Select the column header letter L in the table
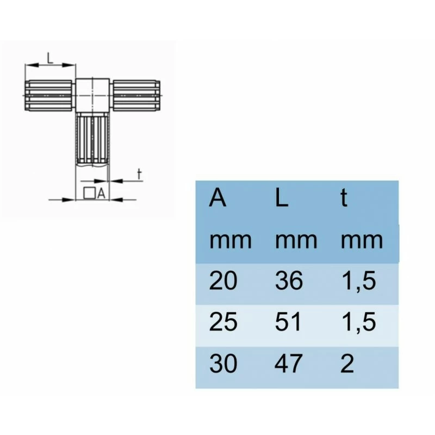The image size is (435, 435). point(281,198)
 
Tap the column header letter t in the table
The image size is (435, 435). point(344,198)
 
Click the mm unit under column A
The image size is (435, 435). point(230,240)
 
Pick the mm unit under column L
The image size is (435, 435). point(296,240)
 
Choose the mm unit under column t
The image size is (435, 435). point(362,240)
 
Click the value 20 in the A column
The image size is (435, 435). point(223,281)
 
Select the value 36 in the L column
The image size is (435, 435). point(289,281)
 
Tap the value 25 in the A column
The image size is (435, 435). point(223,322)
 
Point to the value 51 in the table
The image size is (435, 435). point(288,322)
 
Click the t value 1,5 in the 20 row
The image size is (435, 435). point(358,281)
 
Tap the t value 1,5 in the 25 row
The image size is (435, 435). point(358,322)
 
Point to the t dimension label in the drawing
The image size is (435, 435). point(139,174)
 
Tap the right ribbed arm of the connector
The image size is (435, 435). point(136,95)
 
